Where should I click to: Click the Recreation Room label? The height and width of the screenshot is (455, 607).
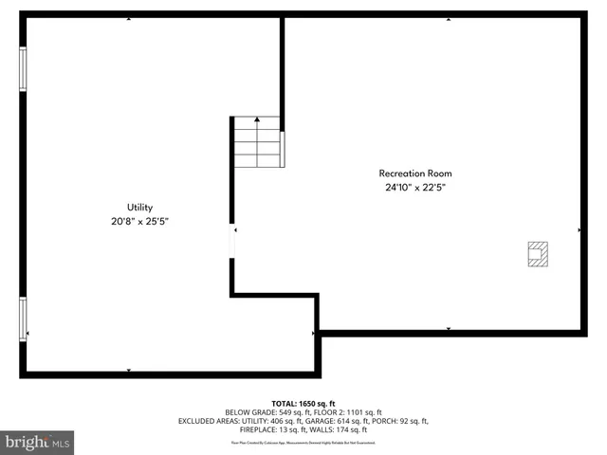point(415,173)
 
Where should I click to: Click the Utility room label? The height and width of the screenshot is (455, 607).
point(140,207)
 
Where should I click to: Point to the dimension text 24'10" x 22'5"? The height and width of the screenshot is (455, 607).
point(415,188)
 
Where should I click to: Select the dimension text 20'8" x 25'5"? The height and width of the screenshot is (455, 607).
point(140,221)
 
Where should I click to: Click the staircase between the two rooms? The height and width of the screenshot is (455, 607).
point(257,142)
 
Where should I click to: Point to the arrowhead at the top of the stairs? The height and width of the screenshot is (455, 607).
point(257,121)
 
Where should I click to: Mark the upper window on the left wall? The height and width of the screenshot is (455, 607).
point(23,68)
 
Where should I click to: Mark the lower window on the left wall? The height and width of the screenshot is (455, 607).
point(23,319)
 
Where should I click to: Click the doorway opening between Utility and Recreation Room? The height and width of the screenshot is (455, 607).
point(232,241)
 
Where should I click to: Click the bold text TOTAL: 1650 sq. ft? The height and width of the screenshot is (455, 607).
point(303,404)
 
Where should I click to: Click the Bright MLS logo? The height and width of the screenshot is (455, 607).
point(38,442)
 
